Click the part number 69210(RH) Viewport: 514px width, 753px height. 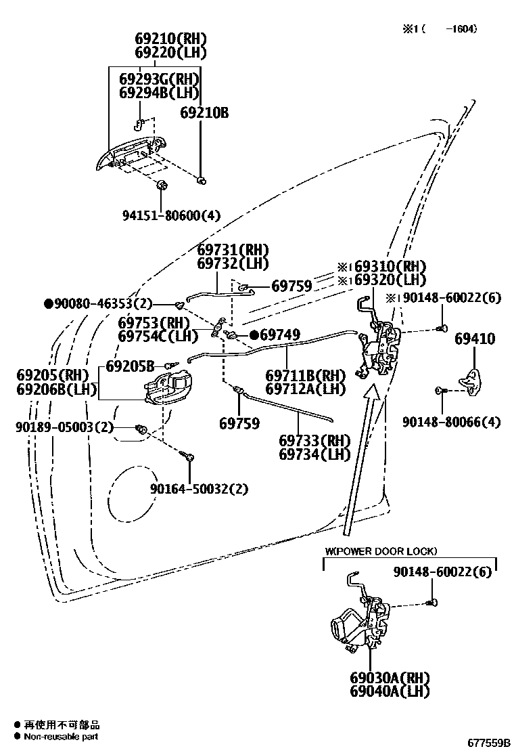pyautogui.click(x=170, y=39)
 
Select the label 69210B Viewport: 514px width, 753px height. pyautogui.click(x=204, y=113)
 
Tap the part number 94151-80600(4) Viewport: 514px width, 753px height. pyautogui.click(x=171, y=216)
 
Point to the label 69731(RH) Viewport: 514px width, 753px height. pyautogui.click(x=233, y=250)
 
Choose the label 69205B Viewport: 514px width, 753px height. pyautogui.click(x=130, y=366)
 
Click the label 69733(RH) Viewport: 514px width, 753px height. pyautogui.click(x=314, y=439)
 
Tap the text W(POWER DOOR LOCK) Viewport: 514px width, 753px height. pyautogui.click(x=381, y=551)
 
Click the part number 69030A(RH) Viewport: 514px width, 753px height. pyautogui.click(x=390, y=677)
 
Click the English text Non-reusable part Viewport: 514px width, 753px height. pyautogui.click(x=62, y=737)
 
